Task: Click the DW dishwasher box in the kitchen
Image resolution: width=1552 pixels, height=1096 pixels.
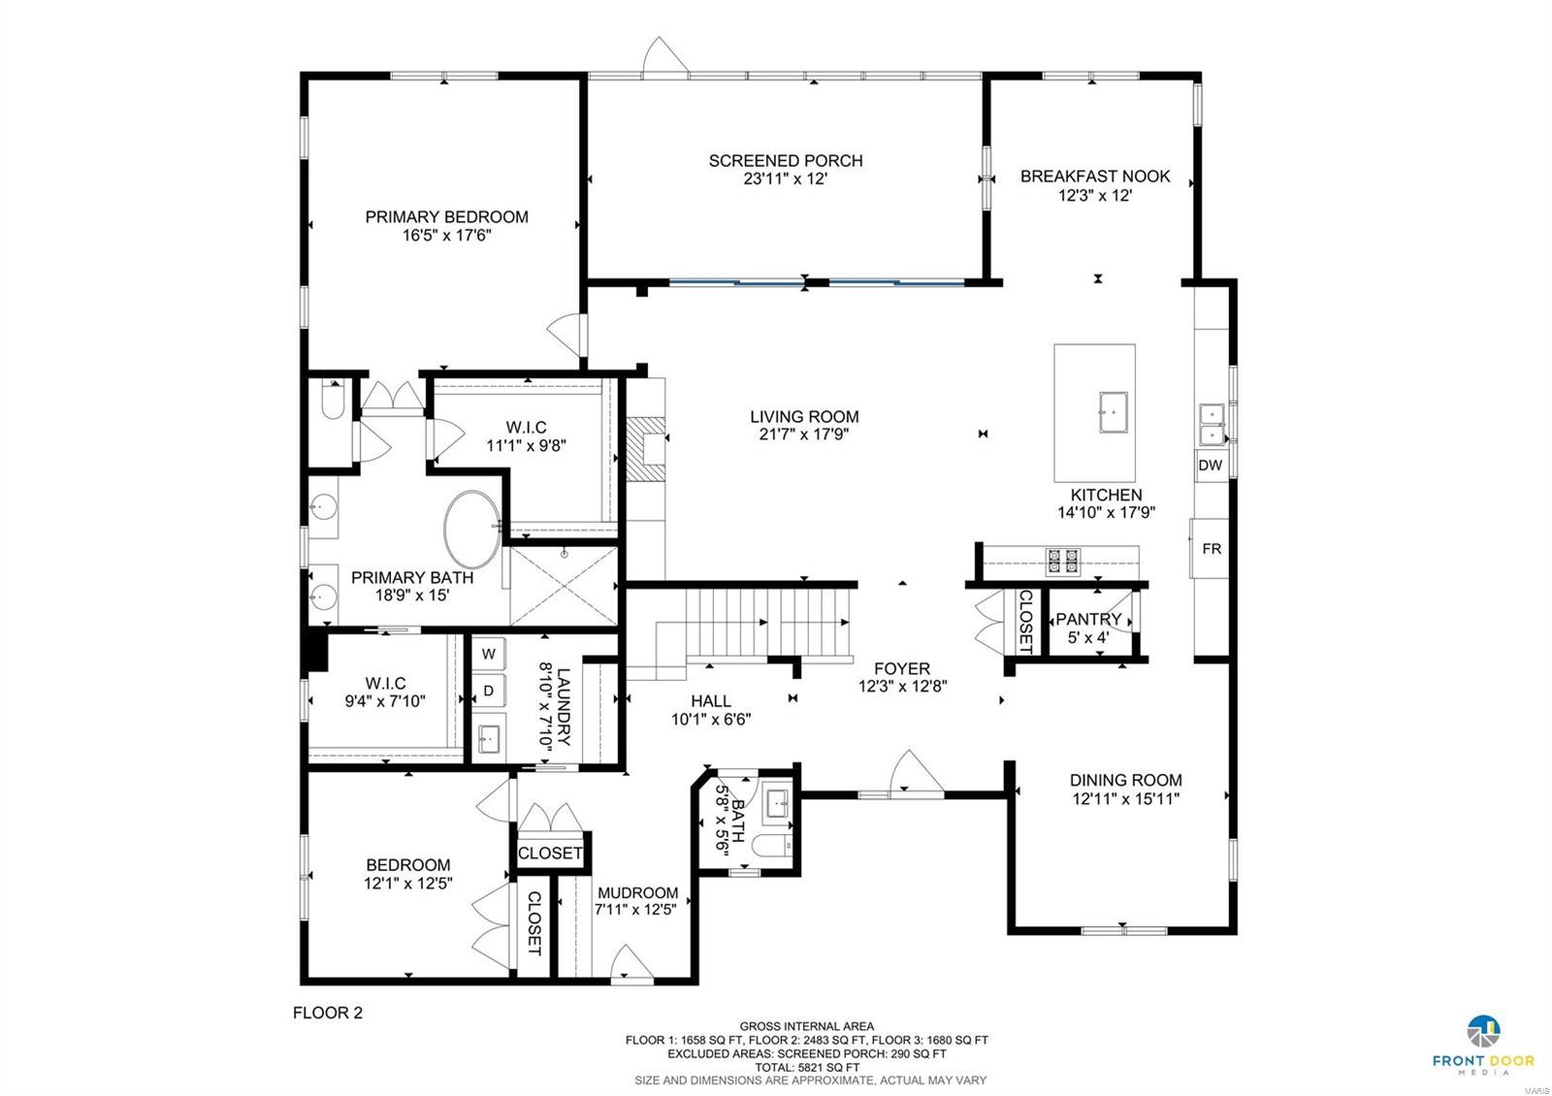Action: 1210,466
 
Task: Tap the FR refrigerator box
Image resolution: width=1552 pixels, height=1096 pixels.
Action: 1211,549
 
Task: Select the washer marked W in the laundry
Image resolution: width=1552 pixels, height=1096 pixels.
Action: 489,654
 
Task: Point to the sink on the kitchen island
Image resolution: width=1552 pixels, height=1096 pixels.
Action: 1113,412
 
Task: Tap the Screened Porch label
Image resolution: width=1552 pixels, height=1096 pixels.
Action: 785,161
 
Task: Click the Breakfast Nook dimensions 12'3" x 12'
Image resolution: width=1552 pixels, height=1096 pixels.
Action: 1095,195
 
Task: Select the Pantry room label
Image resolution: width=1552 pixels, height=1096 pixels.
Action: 1088,619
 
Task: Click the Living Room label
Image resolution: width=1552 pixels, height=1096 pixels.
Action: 804,417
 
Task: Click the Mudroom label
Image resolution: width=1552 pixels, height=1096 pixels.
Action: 637,893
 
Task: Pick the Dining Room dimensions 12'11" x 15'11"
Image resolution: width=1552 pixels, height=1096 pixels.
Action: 1125,799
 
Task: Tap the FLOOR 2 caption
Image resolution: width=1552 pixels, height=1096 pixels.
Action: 328,1013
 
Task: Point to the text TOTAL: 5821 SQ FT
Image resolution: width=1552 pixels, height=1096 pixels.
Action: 807,1066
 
